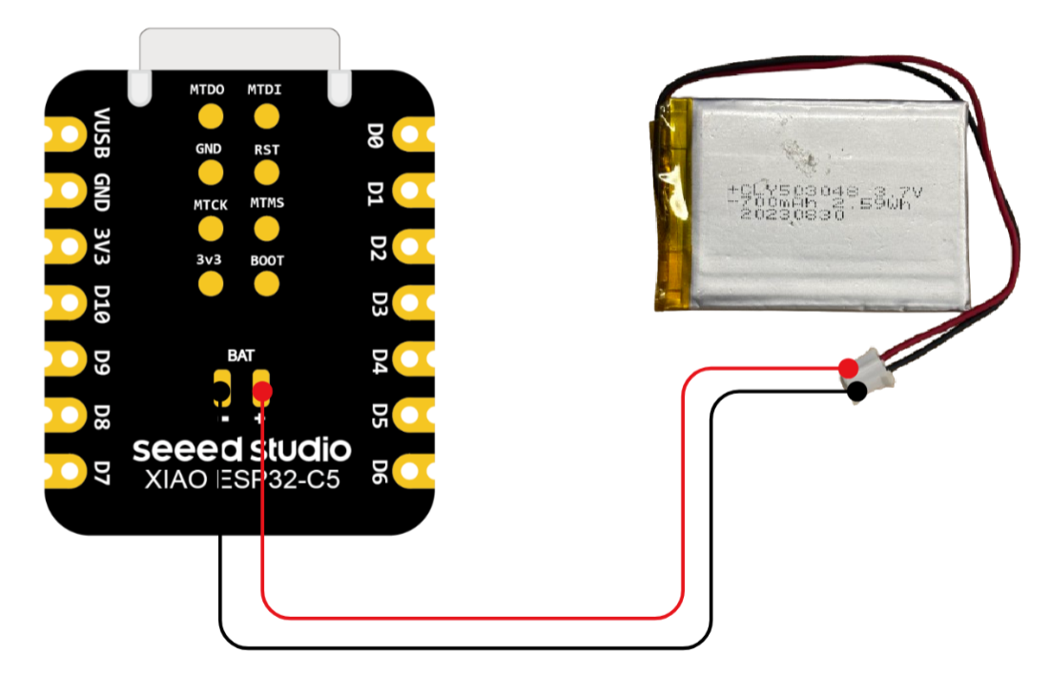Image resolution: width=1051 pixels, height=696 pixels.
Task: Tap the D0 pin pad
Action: tap(411, 135)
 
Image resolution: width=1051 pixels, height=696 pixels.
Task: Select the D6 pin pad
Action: tap(411, 469)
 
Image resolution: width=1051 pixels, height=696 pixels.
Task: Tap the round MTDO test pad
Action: tap(210, 116)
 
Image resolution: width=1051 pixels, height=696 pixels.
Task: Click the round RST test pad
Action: tap(267, 173)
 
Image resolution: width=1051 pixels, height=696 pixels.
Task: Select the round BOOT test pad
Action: tap(267, 283)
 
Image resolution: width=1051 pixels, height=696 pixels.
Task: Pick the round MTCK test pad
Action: tap(210, 229)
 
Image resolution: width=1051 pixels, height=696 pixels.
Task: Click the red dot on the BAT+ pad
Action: tap(262, 391)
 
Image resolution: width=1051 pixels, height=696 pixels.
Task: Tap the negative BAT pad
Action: tap(222, 390)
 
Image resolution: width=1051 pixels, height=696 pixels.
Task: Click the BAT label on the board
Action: tap(241, 355)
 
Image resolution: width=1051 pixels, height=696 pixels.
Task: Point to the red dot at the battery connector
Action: tap(847, 367)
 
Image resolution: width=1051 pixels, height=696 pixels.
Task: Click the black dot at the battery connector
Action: tap(857, 391)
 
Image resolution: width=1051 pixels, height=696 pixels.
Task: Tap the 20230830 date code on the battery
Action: tap(793, 217)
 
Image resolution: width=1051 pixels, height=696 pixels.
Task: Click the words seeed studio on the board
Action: tap(241, 449)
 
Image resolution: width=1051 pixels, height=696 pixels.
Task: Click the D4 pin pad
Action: tap(411, 358)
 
